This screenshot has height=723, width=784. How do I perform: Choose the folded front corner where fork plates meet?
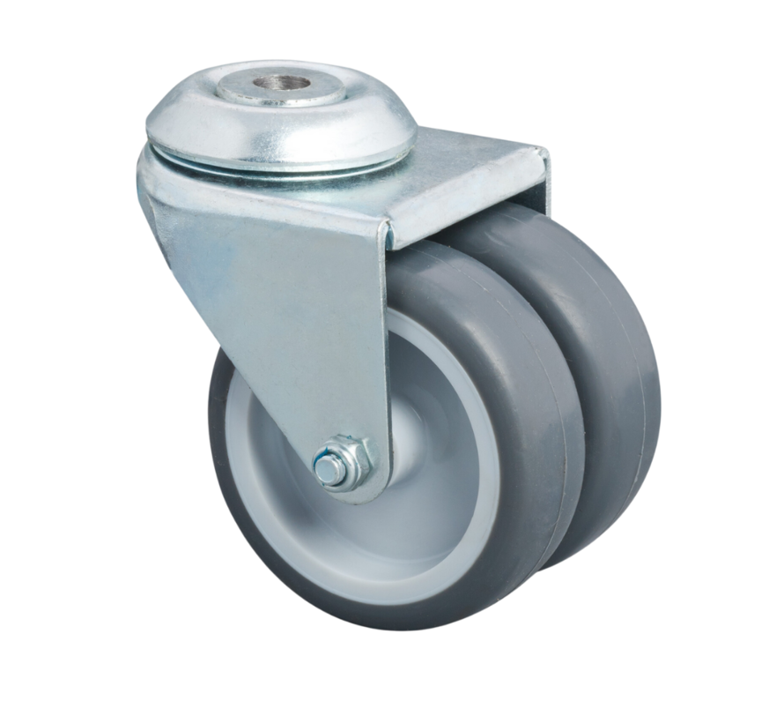click(385, 238)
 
